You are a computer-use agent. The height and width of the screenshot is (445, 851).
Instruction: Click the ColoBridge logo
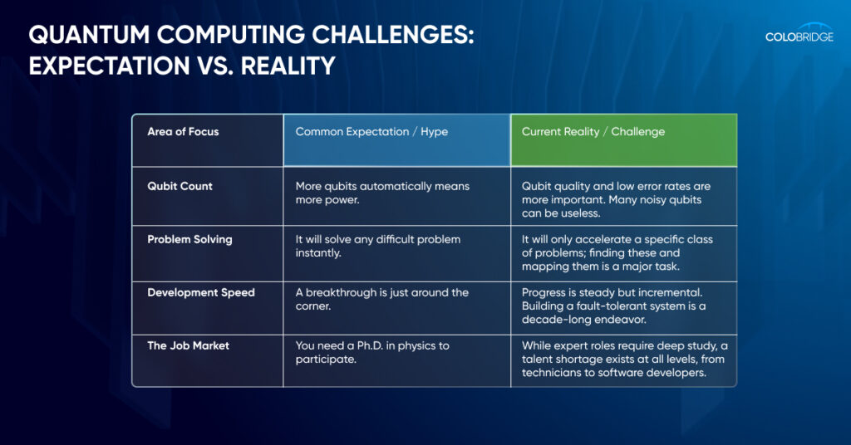(799, 33)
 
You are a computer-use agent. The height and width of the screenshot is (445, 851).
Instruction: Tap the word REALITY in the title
(288, 66)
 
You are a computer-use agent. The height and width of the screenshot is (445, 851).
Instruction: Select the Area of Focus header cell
(208, 140)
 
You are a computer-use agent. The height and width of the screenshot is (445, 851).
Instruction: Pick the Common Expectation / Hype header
(396, 140)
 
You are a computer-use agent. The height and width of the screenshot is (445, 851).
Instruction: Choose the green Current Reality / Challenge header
(623, 140)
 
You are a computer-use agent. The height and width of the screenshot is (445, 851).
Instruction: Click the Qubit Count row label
(180, 186)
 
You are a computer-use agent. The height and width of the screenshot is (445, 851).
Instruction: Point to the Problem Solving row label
(189, 240)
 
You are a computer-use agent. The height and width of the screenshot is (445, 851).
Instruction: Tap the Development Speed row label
(201, 293)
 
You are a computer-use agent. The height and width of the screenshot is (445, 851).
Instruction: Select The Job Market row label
(188, 345)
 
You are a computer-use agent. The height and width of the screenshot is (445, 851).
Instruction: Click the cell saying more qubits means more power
(396, 196)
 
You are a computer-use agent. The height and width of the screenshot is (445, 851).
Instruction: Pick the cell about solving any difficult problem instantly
(396, 254)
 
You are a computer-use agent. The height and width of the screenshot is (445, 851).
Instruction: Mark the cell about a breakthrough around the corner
(396, 308)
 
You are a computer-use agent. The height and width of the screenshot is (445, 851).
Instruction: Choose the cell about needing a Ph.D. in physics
(396, 360)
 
